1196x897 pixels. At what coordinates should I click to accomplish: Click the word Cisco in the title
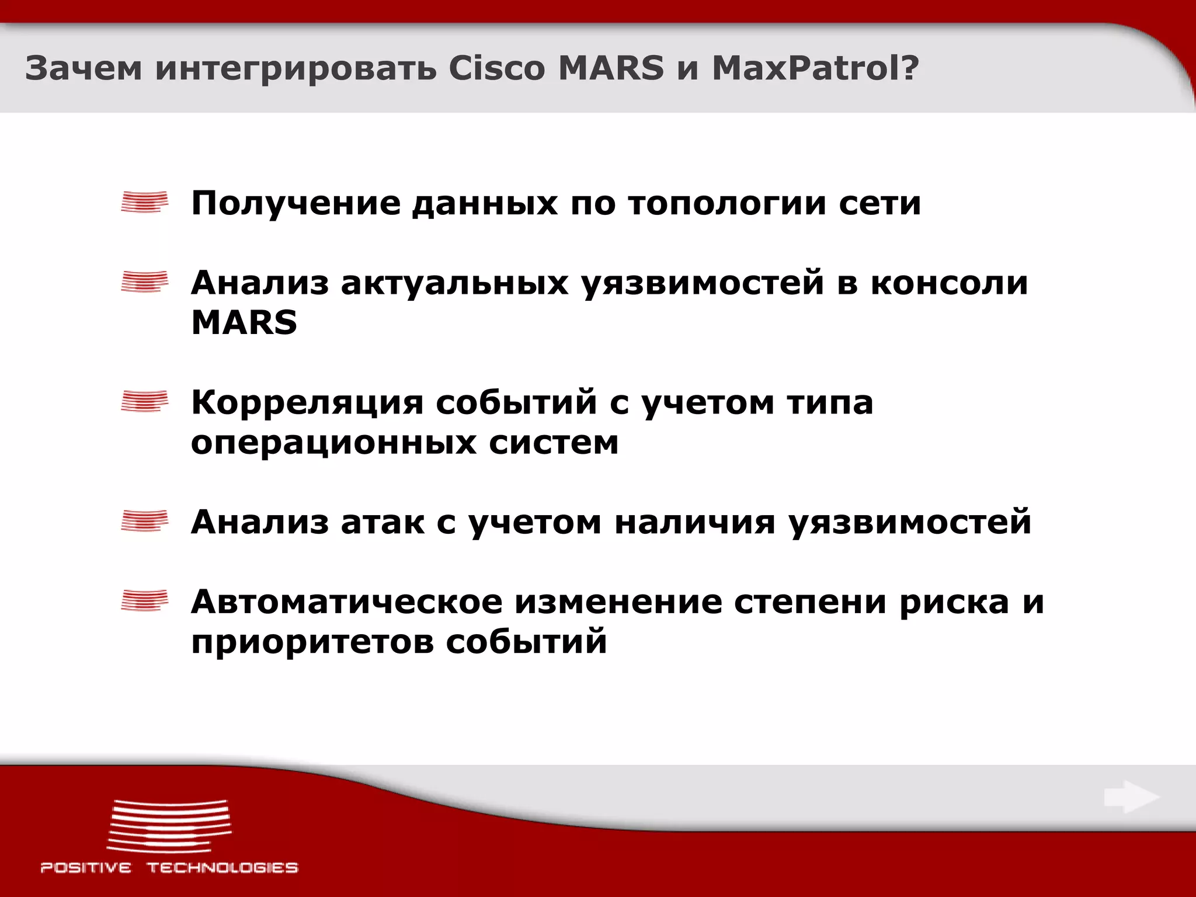click(496, 68)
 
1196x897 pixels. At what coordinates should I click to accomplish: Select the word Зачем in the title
click(84, 68)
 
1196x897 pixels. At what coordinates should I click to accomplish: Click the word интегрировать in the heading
click(295, 69)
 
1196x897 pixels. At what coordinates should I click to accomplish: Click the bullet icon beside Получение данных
click(144, 202)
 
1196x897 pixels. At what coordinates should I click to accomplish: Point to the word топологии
click(727, 204)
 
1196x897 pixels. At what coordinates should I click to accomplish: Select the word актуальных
click(454, 284)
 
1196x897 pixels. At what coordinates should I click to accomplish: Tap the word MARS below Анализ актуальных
click(244, 322)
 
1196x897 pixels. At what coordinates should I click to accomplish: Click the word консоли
click(949, 283)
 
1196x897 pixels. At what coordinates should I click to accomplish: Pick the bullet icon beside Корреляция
click(144, 401)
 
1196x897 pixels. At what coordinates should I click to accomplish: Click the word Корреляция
click(307, 402)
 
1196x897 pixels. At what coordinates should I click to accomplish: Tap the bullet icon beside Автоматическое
click(144, 600)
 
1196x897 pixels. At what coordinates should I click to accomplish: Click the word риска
click(954, 602)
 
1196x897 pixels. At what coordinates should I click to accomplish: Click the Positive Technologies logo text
click(169, 867)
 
